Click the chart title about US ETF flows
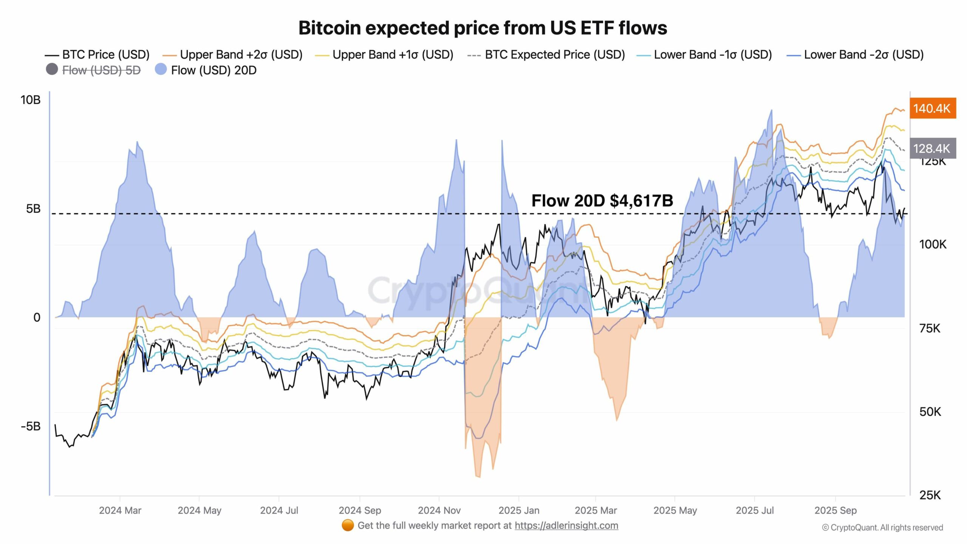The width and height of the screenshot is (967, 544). (483, 28)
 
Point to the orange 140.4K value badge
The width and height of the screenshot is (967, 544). (932, 108)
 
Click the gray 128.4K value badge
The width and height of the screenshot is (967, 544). (932, 148)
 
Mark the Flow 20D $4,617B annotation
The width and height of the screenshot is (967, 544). (602, 201)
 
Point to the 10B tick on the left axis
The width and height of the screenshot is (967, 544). (30, 100)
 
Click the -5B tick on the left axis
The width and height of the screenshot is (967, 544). (30, 427)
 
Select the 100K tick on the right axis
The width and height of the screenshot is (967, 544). (933, 244)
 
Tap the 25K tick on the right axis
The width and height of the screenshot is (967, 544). (930, 495)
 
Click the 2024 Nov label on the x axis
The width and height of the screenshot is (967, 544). (439, 510)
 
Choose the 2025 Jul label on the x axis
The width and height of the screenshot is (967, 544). (754, 510)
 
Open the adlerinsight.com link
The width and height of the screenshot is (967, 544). (566, 525)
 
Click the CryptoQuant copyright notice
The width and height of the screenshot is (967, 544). (882, 528)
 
